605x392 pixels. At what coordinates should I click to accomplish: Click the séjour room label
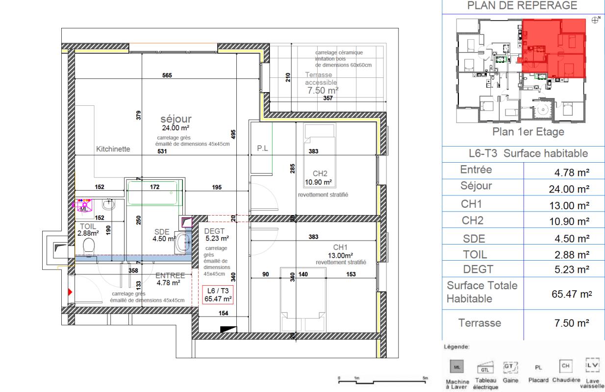click(176, 119)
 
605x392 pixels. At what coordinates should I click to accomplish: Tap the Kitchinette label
click(113, 149)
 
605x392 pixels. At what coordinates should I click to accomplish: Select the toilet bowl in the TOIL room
click(89, 246)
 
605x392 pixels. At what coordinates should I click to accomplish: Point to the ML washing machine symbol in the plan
click(84, 207)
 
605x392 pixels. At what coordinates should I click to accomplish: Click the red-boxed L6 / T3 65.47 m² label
click(218, 294)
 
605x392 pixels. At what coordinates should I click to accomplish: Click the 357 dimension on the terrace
click(328, 98)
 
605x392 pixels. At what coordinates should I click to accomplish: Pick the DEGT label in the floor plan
click(214, 231)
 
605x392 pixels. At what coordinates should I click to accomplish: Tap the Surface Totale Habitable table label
click(482, 292)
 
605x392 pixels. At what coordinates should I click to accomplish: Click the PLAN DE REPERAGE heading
click(523, 6)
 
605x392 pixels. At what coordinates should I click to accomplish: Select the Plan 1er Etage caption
click(522, 132)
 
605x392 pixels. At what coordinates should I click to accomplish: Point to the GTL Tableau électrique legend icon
click(484, 366)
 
